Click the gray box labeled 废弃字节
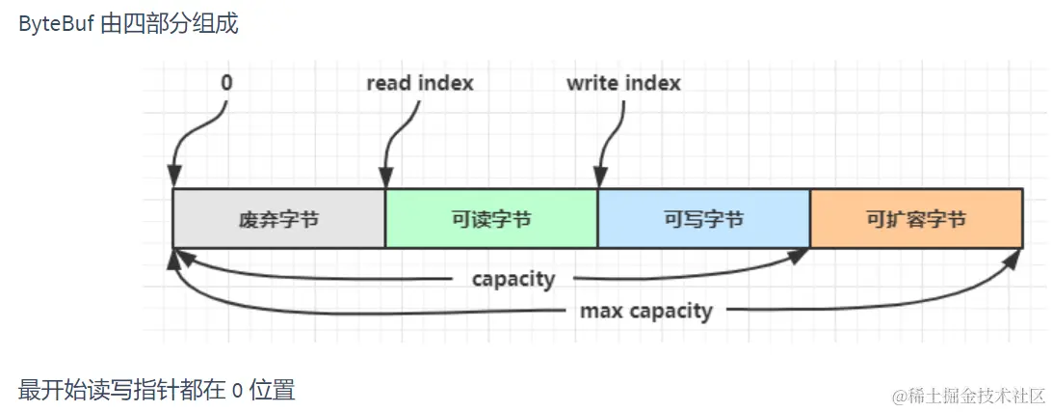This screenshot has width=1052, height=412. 278,219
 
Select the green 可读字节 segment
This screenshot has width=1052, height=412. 491,219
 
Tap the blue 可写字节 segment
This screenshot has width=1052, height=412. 703,219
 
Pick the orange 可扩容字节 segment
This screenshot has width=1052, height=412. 915,219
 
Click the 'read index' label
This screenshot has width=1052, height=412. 420,83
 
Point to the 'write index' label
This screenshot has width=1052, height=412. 623,83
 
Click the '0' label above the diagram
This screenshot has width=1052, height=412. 226,83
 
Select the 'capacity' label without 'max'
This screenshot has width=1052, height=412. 513,280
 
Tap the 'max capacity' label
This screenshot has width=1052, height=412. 645,311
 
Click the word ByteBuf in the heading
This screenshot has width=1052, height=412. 56,24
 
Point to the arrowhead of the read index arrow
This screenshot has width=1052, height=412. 384,180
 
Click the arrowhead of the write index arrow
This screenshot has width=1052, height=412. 598,180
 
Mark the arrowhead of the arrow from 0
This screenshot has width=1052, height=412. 174,180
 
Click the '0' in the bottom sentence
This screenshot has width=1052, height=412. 237,391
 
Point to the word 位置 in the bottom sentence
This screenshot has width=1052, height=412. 272,391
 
